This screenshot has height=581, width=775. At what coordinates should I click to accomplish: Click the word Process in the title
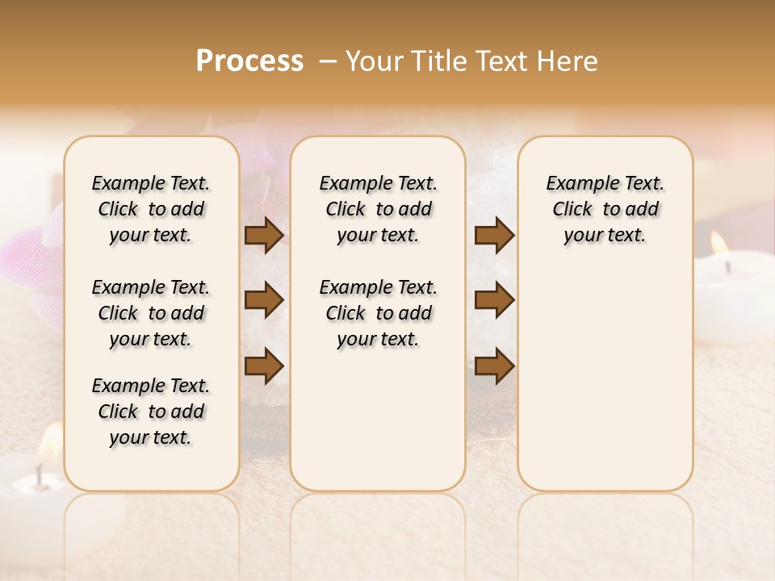249,61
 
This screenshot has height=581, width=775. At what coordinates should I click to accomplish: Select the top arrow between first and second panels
264,236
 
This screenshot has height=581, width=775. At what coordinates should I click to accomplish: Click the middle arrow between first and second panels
264,301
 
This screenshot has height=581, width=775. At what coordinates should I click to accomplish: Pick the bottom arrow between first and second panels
264,366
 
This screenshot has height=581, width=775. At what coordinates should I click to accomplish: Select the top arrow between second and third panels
494,236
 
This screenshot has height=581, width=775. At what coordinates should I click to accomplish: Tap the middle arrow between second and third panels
494,301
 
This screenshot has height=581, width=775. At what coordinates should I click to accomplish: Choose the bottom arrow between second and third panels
494,366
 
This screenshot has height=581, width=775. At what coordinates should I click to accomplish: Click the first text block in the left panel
151,209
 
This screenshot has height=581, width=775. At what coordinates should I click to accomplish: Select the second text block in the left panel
151,313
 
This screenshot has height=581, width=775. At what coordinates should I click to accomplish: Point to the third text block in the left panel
151,412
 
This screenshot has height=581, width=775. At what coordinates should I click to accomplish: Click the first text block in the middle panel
378,209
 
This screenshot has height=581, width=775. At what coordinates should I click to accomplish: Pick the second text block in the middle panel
378,313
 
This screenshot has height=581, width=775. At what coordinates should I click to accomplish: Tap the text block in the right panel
605,209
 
